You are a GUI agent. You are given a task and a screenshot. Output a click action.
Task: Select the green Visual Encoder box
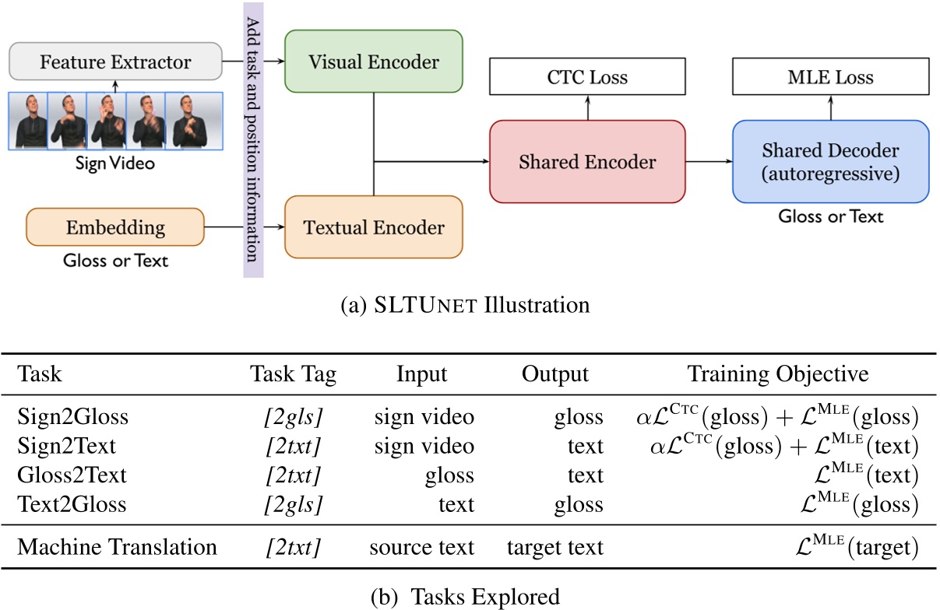click(x=374, y=61)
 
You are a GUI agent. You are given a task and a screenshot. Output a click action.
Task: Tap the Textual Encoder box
click(x=374, y=227)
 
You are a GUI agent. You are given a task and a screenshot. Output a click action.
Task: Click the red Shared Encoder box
click(x=586, y=162)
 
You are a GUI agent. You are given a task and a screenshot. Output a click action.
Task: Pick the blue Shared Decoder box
click(x=830, y=161)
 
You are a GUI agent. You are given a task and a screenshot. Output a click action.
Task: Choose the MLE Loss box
click(x=830, y=78)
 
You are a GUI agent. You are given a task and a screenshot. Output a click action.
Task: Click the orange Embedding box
click(x=115, y=227)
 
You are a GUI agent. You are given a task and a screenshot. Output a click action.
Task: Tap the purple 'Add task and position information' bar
click(x=253, y=140)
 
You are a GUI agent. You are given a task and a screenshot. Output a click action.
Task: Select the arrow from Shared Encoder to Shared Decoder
click(x=708, y=162)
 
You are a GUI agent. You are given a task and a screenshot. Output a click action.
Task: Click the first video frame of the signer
click(x=30, y=121)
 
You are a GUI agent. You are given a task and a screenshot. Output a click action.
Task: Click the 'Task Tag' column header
click(x=293, y=374)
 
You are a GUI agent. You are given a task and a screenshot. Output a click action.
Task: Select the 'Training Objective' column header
click(x=777, y=374)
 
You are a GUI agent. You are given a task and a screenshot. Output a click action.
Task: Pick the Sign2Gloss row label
click(x=72, y=418)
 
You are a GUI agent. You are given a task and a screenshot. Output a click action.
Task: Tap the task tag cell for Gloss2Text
click(x=293, y=475)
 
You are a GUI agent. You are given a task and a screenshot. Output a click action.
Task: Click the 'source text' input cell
click(x=421, y=547)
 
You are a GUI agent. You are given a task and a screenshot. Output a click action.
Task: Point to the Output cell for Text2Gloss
click(x=578, y=504)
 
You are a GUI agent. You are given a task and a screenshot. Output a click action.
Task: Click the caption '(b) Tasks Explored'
click(x=470, y=597)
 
